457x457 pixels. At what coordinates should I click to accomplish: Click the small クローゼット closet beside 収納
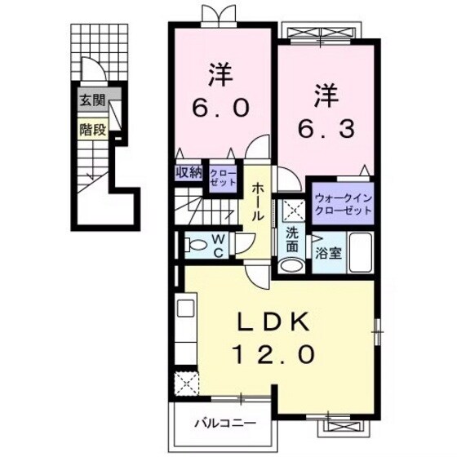[220, 177]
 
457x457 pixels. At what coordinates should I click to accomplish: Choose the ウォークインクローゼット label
[342, 204]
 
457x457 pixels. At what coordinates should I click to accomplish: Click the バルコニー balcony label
[224, 424]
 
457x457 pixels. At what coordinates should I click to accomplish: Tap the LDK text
[276, 322]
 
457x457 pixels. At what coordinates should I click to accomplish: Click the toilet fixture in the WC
[193, 244]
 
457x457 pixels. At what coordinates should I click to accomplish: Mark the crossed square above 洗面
[291, 211]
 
